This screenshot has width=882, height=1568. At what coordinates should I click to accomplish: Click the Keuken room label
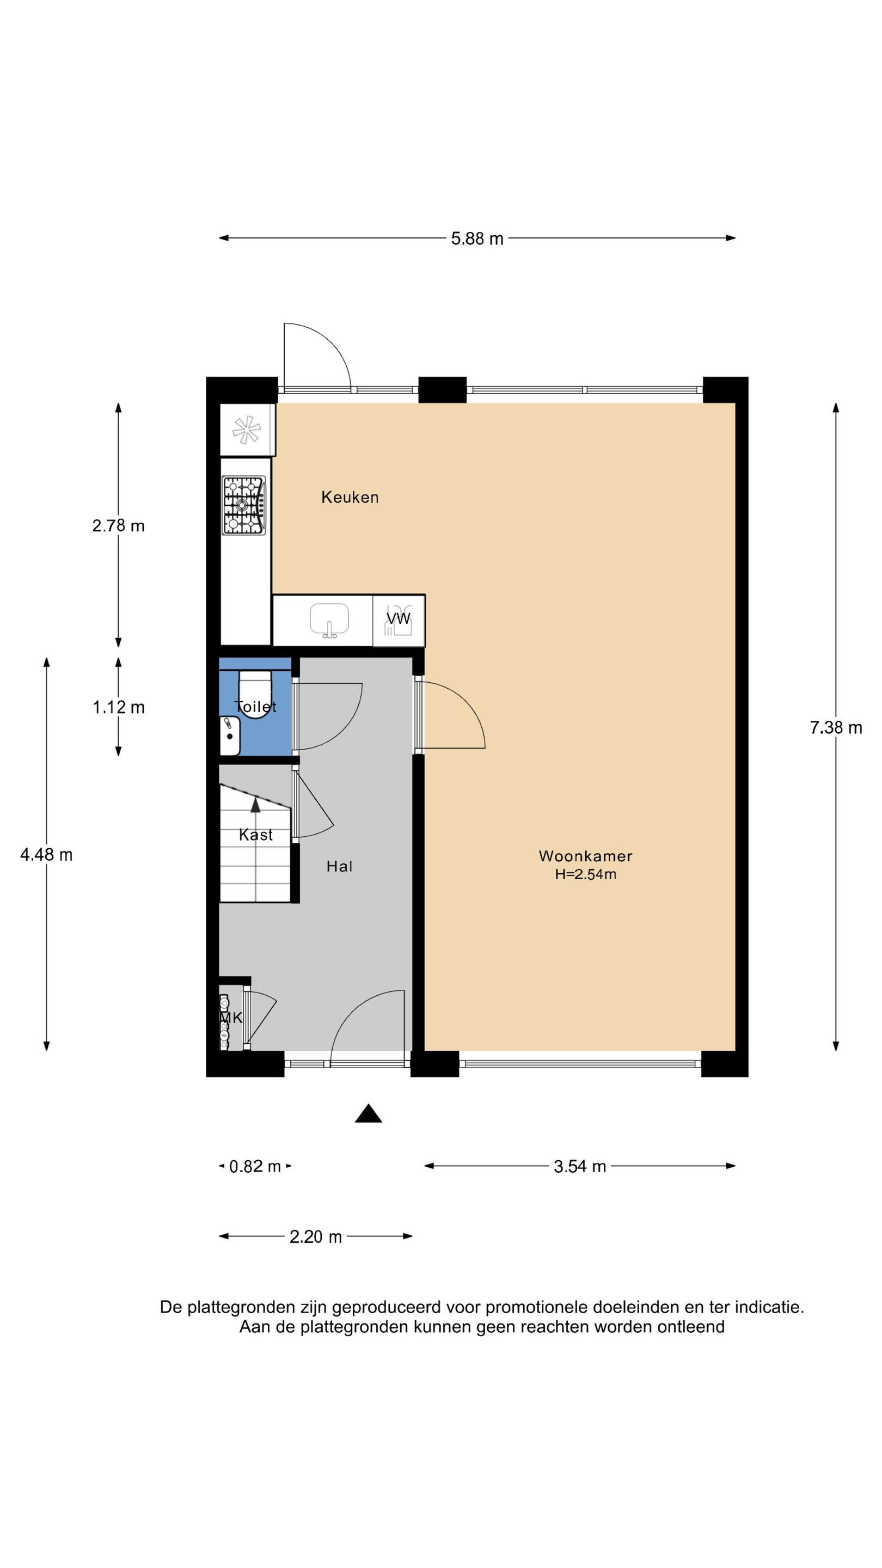[350, 497]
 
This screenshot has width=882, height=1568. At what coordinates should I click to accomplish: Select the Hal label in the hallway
[339, 866]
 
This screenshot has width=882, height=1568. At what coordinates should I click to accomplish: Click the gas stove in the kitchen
[244, 506]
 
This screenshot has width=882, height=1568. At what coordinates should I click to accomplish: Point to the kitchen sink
[329, 620]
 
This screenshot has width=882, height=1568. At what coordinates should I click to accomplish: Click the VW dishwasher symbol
[399, 620]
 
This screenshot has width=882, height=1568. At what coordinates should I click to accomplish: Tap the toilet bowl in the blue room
[254, 695]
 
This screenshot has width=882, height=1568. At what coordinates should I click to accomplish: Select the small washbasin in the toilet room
[229, 736]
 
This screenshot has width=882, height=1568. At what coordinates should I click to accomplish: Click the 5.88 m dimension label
[477, 238]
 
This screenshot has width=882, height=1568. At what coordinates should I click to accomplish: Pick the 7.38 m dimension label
[835, 727]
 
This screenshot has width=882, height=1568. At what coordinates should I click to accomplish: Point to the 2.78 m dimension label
[118, 525]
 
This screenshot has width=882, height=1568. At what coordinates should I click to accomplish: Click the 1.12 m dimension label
[118, 707]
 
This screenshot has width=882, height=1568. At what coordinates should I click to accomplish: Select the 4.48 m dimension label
[46, 855]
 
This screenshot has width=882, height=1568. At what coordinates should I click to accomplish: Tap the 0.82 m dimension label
[255, 1166]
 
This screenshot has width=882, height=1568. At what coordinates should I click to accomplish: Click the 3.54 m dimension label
[579, 1166]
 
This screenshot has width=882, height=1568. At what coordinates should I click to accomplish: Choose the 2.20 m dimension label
[315, 1237]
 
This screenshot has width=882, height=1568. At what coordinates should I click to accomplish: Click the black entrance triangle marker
[368, 1113]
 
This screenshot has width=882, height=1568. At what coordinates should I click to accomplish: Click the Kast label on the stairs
[256, 835]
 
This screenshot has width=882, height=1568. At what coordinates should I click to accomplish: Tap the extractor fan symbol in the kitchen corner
[247, 430]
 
